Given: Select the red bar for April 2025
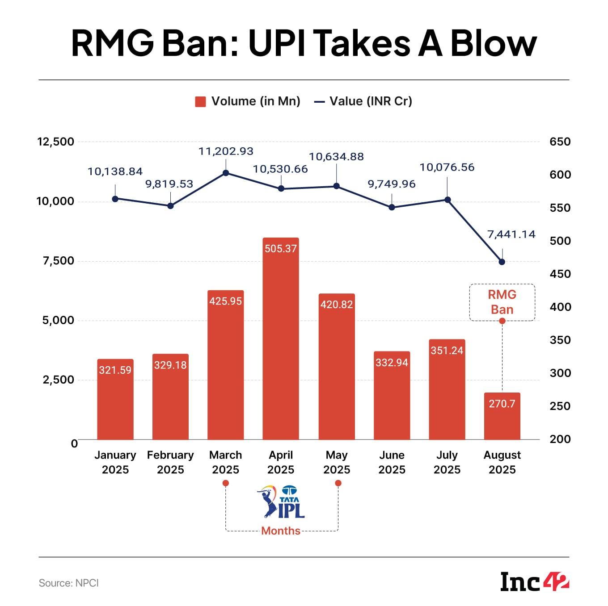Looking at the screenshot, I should point(281,339).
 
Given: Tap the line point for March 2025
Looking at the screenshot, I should point(226,173).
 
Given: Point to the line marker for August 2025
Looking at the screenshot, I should point(502,262).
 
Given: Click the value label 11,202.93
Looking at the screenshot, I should point(226,151).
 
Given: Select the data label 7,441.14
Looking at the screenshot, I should point(511,234).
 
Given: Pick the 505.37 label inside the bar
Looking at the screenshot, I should point(281,249).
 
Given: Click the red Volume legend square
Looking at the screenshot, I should point(200,102).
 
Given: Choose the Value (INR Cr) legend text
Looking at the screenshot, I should point(371,101).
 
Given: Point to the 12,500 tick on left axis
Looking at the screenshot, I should point(55,142).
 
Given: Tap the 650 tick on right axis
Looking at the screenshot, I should point(560,142).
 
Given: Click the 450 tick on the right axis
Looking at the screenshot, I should point(560,274).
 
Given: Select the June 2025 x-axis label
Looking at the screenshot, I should point(392,462).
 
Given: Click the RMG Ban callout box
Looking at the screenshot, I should point(502,302).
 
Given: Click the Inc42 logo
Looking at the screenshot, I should point(535,582).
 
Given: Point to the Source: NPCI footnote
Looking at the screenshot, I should point(69,583).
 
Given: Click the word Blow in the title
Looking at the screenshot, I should point(494,43).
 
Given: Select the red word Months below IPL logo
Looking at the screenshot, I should point(281,531).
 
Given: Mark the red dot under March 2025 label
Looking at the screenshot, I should point(226,483).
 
